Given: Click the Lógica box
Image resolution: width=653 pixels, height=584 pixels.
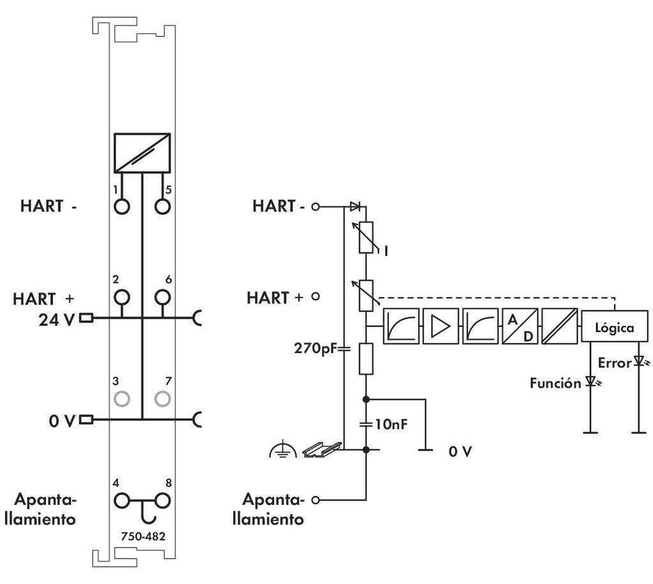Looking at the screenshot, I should tap(615, 328).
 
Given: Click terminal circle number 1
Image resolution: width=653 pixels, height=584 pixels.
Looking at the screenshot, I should tap(122, 207).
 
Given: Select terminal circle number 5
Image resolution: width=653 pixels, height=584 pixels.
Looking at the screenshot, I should tap(162, 207).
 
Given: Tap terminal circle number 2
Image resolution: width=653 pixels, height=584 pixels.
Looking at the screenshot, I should tap(122, 297).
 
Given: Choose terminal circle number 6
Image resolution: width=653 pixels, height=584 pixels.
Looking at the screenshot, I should tap(162, 297).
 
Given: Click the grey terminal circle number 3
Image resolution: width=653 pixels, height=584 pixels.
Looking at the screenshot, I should tap(122, 398).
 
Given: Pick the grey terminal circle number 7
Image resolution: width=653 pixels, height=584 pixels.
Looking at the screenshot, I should tap(162, 398).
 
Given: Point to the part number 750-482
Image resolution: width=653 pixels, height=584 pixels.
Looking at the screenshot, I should tap(143, 536).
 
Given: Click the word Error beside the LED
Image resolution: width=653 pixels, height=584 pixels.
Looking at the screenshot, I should tap(615, 363).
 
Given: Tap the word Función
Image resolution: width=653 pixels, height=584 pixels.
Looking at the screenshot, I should tap(555, 383).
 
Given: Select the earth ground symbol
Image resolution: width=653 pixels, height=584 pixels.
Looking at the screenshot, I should tap(279, 451).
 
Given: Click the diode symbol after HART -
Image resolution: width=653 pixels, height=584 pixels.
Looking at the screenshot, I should tap(355, 207).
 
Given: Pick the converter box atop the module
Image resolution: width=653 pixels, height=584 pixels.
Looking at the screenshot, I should tap(142, 152).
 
